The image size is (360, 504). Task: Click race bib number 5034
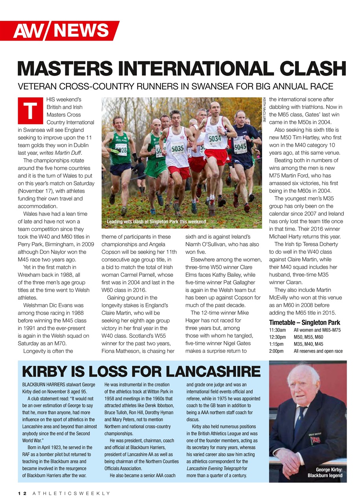[215, 139]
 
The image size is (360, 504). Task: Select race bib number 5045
[240, 147]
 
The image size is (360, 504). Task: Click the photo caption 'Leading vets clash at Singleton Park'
[156, 222]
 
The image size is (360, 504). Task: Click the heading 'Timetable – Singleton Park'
[305, 322]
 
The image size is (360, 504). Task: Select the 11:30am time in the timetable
[277, 330]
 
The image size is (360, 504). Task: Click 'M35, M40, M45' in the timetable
[308, 344]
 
